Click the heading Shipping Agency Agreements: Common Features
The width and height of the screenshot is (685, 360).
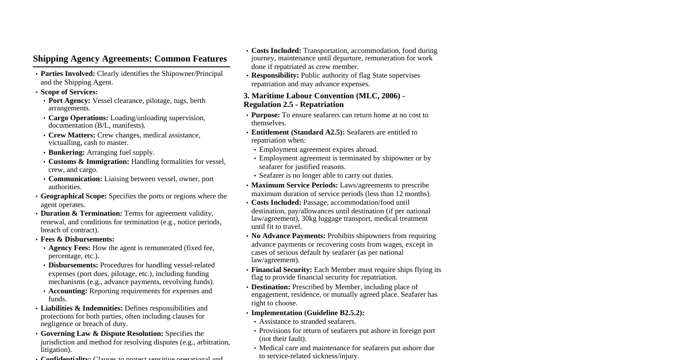point(130,59)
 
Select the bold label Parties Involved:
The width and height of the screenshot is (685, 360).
point(68,74)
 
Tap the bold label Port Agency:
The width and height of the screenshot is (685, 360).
point(70,101)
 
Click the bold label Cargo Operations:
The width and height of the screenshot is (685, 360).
point(78,118)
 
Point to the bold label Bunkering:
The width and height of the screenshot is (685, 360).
point(67,152)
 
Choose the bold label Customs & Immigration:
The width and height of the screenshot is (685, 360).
point(89,162)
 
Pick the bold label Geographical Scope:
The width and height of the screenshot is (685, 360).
point(74,196)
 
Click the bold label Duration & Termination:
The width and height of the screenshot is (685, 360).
point(82,213)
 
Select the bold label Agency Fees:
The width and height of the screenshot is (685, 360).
point(70,248)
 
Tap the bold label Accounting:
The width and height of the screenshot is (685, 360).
point(68,291)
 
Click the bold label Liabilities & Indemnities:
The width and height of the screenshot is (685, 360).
point(82,308)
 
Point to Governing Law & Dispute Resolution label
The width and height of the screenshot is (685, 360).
point(102,334)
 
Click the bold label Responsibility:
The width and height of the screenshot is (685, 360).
point(275,75)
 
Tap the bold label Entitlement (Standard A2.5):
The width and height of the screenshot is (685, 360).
point(298,132)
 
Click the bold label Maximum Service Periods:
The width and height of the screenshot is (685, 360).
point(294,185)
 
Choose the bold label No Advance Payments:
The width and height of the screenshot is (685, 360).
point(288,236)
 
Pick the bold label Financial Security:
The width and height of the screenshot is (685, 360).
point(282,270)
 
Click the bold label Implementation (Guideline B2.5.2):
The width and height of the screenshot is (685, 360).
point(308,313)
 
